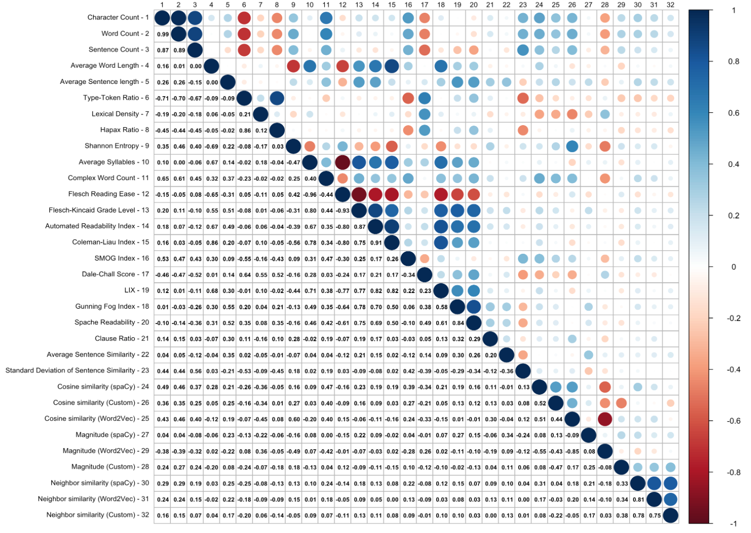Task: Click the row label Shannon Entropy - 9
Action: [x=117, y=146]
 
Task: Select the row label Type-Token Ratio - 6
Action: [x=116, y=98]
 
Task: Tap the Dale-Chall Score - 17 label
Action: [x=115, y=274]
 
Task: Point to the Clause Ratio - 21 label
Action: [x=122, y=338]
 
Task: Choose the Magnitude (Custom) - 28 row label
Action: [x=110, y=466]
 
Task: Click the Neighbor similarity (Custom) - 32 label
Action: [x=98, y=515]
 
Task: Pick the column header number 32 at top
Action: [x=671, y=5]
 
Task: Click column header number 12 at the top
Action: [x=342, y=5]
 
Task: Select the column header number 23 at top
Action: [x=523, y=5]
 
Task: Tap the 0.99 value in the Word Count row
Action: [x=163, y=35]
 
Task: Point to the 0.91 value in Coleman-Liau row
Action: [x=375, y=243]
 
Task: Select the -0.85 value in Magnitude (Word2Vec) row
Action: [x=572, y=451]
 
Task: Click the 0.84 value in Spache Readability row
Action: [x=458, y=323]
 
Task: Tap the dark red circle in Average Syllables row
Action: [x=342, y=162]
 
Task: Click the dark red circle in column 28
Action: [x=605, y=419]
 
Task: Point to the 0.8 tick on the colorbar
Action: [x=733, y=62]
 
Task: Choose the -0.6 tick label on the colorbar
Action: [x=732, y=421]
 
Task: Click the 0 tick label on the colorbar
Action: [x=733, y=267]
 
